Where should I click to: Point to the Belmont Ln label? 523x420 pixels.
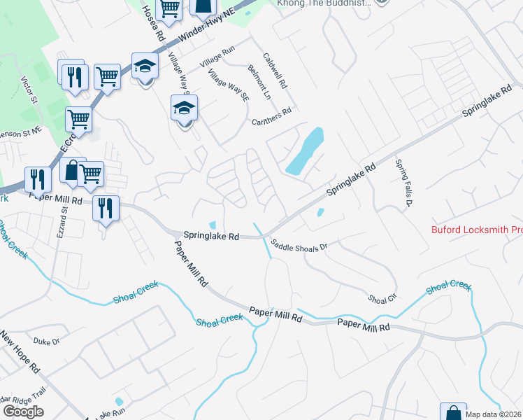click(x=259, y=81)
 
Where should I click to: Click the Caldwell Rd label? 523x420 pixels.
click(x=275, y=71)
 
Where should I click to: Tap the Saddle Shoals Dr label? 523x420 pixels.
click(x=299, y=246)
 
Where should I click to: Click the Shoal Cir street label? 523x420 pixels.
click(x=382, y=299)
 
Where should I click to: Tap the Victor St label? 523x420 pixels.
click(x=29, y=89)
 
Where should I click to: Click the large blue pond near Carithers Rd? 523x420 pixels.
click(x=306, y=150)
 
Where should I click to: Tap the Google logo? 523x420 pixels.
click(x=22, y=412)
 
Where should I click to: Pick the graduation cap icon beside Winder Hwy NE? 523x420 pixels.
click(x=145, y=67)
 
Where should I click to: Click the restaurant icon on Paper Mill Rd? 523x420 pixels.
click(x=106, y=209)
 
